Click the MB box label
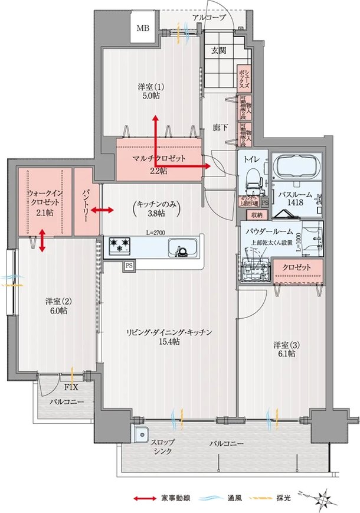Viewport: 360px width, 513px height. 143,28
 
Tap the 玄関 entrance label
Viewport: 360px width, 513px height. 218,50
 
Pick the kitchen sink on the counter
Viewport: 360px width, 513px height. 182,247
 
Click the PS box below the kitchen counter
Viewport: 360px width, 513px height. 128,266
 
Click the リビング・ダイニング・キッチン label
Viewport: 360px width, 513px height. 169,337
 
